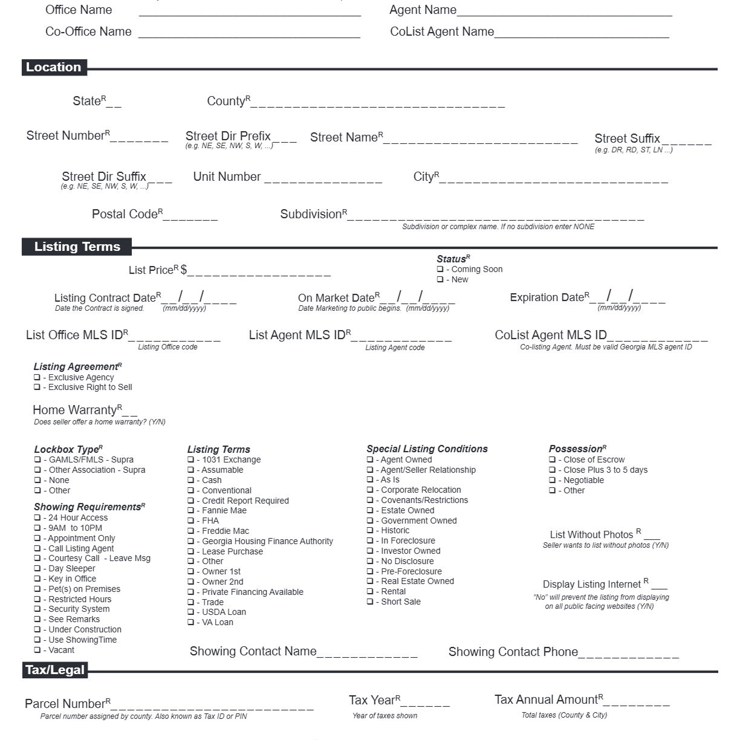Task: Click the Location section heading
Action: click(x=54, y=67)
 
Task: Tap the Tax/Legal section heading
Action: click(x=55, y=670)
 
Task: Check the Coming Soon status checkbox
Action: click(x=440, y=270)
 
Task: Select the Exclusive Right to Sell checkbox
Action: click(x=37, y=388)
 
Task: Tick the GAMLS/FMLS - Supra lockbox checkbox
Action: click(x=37, y=460)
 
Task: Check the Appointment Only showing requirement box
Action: click(x=37, y=539)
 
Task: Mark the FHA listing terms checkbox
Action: click(x=191, y=521)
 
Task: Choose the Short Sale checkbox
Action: click(x=370, y=602)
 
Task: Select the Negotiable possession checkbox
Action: click(x=552, y=481)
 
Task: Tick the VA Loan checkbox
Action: click(x=191, y=623)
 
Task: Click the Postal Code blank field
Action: click(x=190, y=216)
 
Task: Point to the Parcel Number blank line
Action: click(x=212, y=706)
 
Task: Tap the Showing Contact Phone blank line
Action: click(x=629, y=654)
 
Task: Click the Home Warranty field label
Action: click(x=74, y=410)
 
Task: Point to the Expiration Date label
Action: click(x=547, y=297)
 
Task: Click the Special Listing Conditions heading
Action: click(x=427, y=449)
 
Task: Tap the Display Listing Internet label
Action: click(x=592, y=585)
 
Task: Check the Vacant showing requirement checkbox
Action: click(x=37, y=651)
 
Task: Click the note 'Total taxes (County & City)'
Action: click(x=564, y=715)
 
